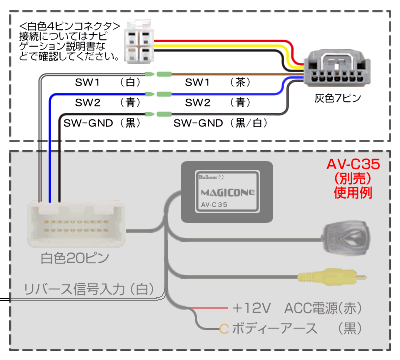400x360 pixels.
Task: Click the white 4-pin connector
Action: (140, 42)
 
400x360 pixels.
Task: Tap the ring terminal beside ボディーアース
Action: (222, 328)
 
